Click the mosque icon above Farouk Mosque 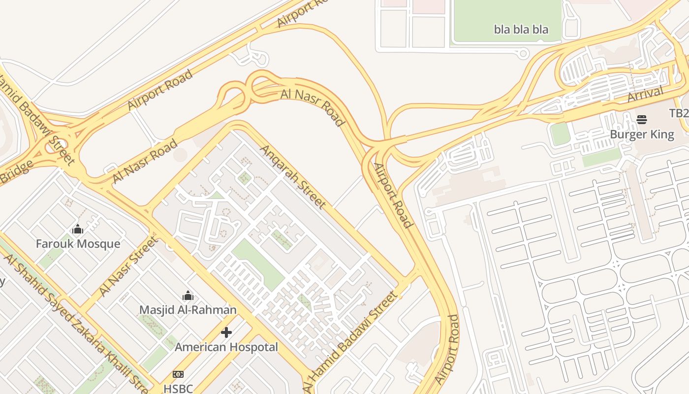point(78,229)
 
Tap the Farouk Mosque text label point(78,244)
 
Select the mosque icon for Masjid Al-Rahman point(188,295)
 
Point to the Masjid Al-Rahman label point(188,310)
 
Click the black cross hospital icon point(226,332)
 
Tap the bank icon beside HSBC point(178,374)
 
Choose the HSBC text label point(178,389)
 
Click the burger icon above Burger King point(642,119)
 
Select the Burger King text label point(642,134)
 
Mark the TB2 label point(679,113)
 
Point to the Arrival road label point(645,94)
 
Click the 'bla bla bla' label point(521,30)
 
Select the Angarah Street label point(293,176)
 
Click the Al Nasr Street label point(129,266)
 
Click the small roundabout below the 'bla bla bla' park point(524,53)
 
